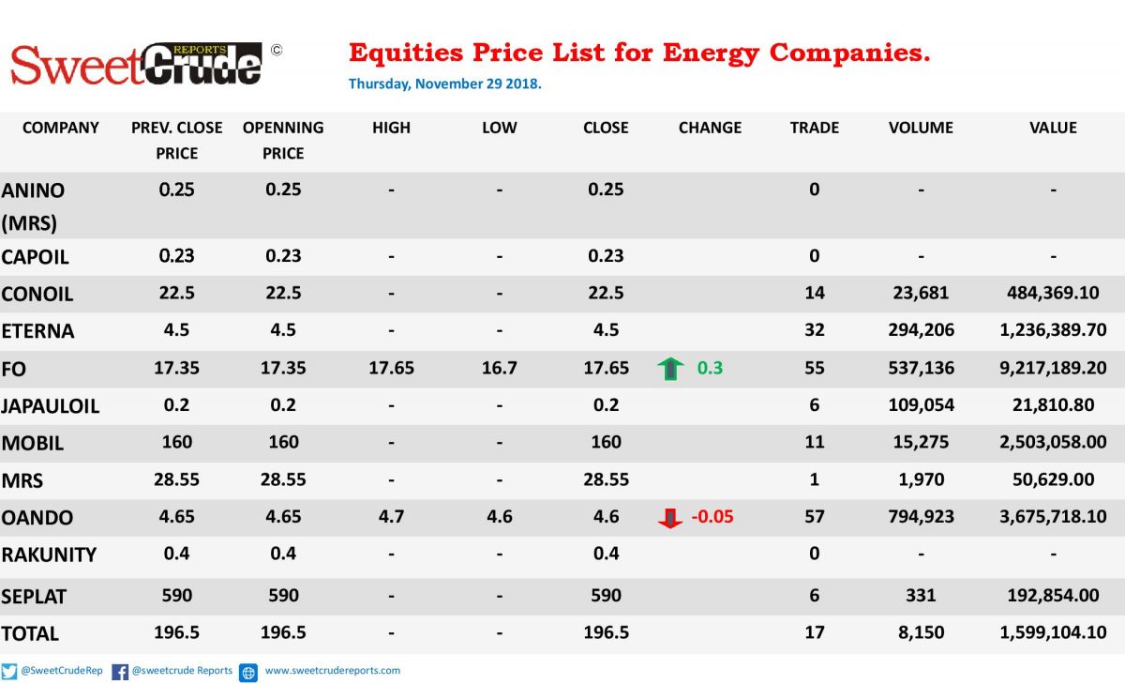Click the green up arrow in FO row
click(x=670, y=369)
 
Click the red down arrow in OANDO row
click(x=670, y=518)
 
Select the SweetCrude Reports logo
click(x=137, y=64)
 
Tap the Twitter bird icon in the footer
click(x=8, y=672)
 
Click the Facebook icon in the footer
click(x=120, y=672)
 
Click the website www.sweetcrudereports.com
click(x=333, y=671)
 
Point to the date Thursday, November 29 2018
click(x=445, y=84)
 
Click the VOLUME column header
click(x=921, y=128)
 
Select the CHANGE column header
click(x=710, y=128)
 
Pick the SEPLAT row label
click(x=34, y=597)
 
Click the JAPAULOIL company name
click(x=51, y=406)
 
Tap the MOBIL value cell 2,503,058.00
click(x=1053, y=442)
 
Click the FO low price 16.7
click(x=499, y=368)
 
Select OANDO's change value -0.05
click(x=712, y=517)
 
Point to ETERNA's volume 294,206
click(x=921, y=329)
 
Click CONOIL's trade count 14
click(x=814, y=293)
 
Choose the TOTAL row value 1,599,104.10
click(x=1053, y=632)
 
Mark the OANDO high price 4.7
click(x=391, y=517)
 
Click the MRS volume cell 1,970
click(x=921, y=479)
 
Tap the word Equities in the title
click(x=406, y=53)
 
